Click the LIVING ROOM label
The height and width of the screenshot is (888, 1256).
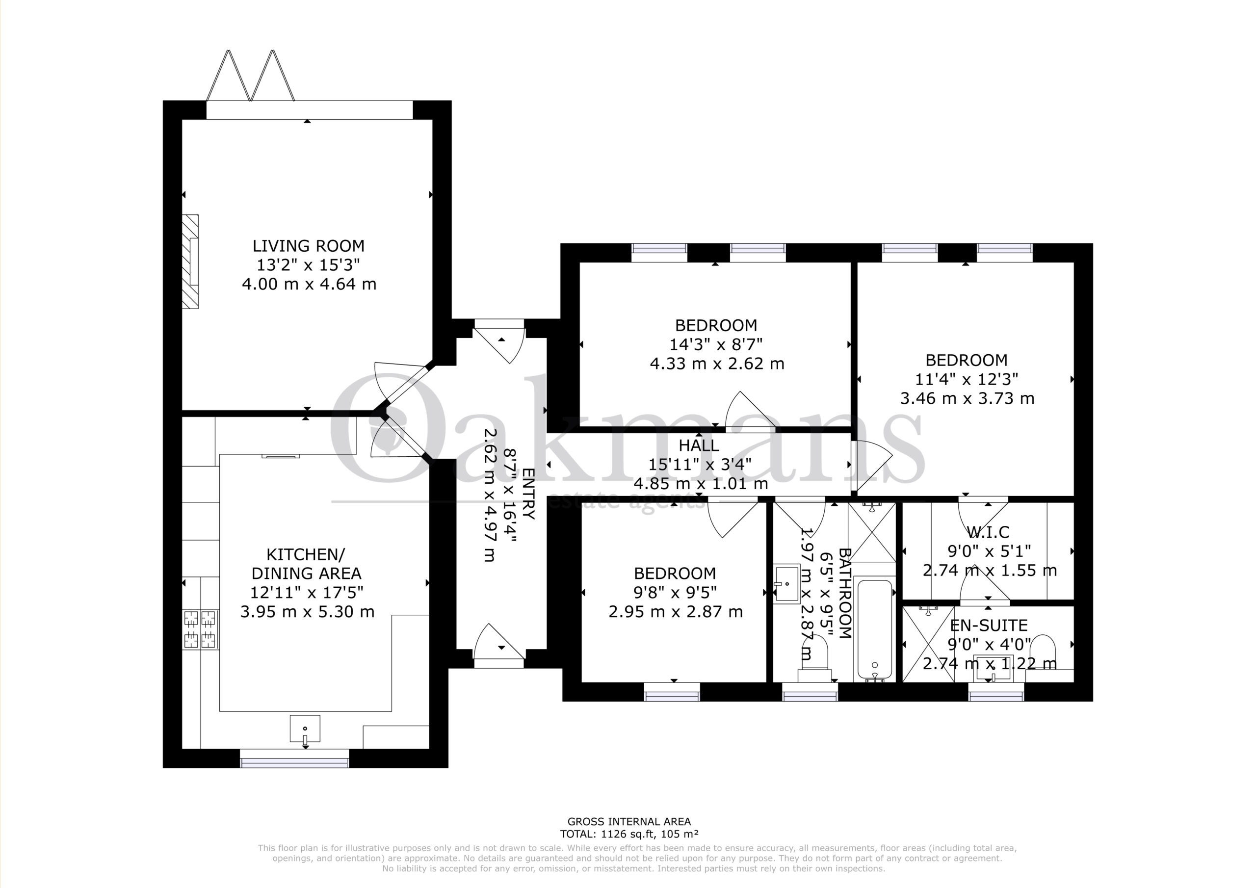point(309,246)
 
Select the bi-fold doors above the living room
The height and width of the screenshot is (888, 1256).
point(251,76)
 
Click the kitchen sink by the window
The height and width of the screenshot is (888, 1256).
point(305,730)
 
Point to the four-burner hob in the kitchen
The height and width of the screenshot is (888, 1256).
point(200,629)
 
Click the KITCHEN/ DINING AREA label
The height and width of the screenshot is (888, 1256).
point(306,564)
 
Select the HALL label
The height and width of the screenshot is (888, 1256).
point(699,445)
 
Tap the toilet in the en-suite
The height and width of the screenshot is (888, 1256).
point(1045,651)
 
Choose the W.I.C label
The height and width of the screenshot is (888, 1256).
point(988,532)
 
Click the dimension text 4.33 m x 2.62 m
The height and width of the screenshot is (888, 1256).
point(717,364)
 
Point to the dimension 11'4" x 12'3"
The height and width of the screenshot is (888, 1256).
point(967,379)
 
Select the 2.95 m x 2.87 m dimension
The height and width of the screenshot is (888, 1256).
point(676,612)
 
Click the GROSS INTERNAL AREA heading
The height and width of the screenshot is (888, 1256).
point(629,836)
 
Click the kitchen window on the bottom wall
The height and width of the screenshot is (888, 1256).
point(294,758)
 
